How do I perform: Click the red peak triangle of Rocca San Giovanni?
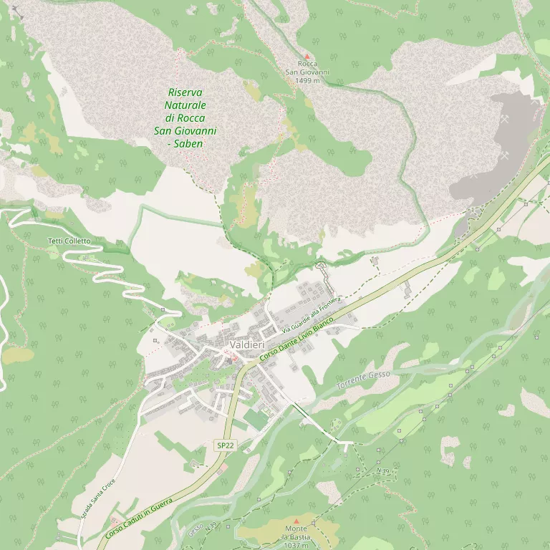(x=307, y=55)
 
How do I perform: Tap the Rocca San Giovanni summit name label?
(x=307, y=68)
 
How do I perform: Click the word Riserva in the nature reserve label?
(x=185, y=92)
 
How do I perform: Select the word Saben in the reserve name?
(x=188, y=143)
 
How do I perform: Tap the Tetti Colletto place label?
(x=69, y=241)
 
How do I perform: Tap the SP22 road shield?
(x=225, y=445)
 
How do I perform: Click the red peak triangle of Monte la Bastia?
(x=296, y=521)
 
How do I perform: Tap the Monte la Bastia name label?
(x=296, y=533)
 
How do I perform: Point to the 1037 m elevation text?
(x=296, y=545)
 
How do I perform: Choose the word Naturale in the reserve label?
(x=185, y=105)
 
